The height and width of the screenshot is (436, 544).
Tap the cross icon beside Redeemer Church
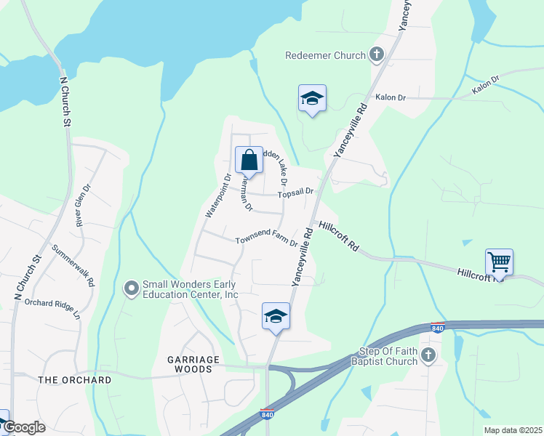coord(377,54)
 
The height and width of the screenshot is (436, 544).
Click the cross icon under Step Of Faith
coord(428,355)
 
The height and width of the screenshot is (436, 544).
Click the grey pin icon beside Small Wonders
coord(132,289)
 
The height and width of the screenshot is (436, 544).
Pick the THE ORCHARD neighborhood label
coord(75,380)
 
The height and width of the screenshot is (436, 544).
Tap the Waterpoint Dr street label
coord(218,196)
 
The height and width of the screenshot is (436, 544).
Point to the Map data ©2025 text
coord(512,430)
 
